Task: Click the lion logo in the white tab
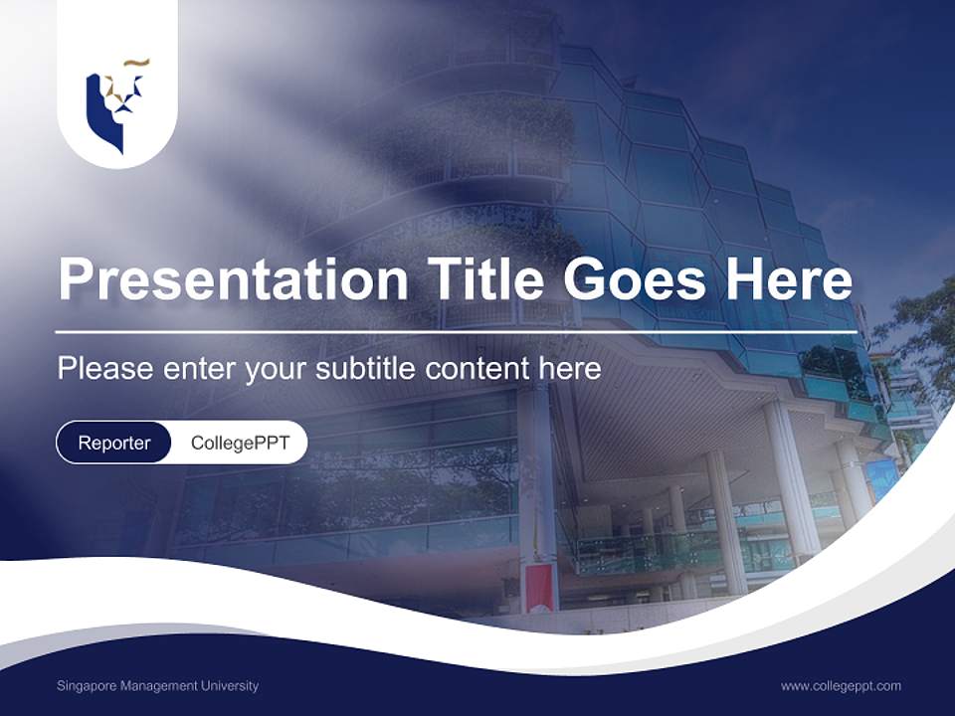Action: pos(116,104)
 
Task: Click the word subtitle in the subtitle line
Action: pos(368,368)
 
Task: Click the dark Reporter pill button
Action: pos(114,443)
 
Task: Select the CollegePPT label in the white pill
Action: pos(240,443)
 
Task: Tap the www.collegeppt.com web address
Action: pos(841,686)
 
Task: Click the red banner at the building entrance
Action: pos(538,588)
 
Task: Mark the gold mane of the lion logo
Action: pos(133,67)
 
